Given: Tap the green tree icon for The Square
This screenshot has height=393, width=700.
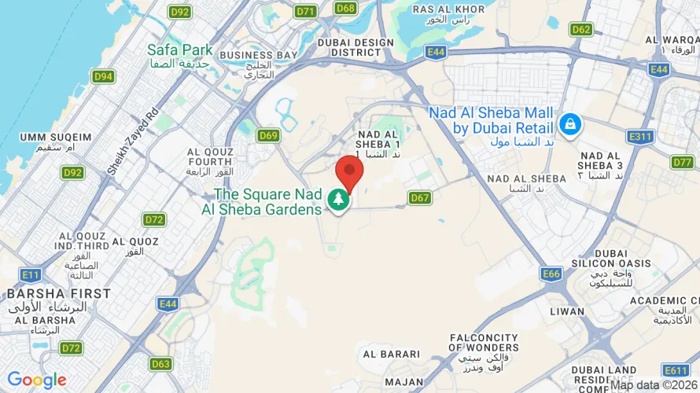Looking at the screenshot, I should [339, 199].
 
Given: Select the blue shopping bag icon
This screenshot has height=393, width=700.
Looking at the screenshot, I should [570, 123].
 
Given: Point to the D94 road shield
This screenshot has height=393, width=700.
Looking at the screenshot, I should [103, 76].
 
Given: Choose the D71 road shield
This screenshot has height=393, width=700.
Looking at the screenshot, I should [305, 11].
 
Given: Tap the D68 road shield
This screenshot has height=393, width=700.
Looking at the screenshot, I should [345, 8].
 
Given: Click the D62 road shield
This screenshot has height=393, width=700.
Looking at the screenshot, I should [581, 30].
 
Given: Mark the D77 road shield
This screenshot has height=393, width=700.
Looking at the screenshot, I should [683, 162].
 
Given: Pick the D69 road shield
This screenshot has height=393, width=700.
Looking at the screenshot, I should [269, 135].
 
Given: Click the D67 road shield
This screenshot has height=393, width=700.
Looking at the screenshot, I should [420, 198].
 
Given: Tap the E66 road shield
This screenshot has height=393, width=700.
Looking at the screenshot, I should [551, 274].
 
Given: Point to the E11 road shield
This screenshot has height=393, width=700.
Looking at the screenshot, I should [31, 274].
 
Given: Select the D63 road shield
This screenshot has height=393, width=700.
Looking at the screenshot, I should [160, 363].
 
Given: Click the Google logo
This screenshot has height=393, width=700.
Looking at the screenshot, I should [37, 380].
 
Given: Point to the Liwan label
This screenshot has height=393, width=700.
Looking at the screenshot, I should [567, 311].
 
